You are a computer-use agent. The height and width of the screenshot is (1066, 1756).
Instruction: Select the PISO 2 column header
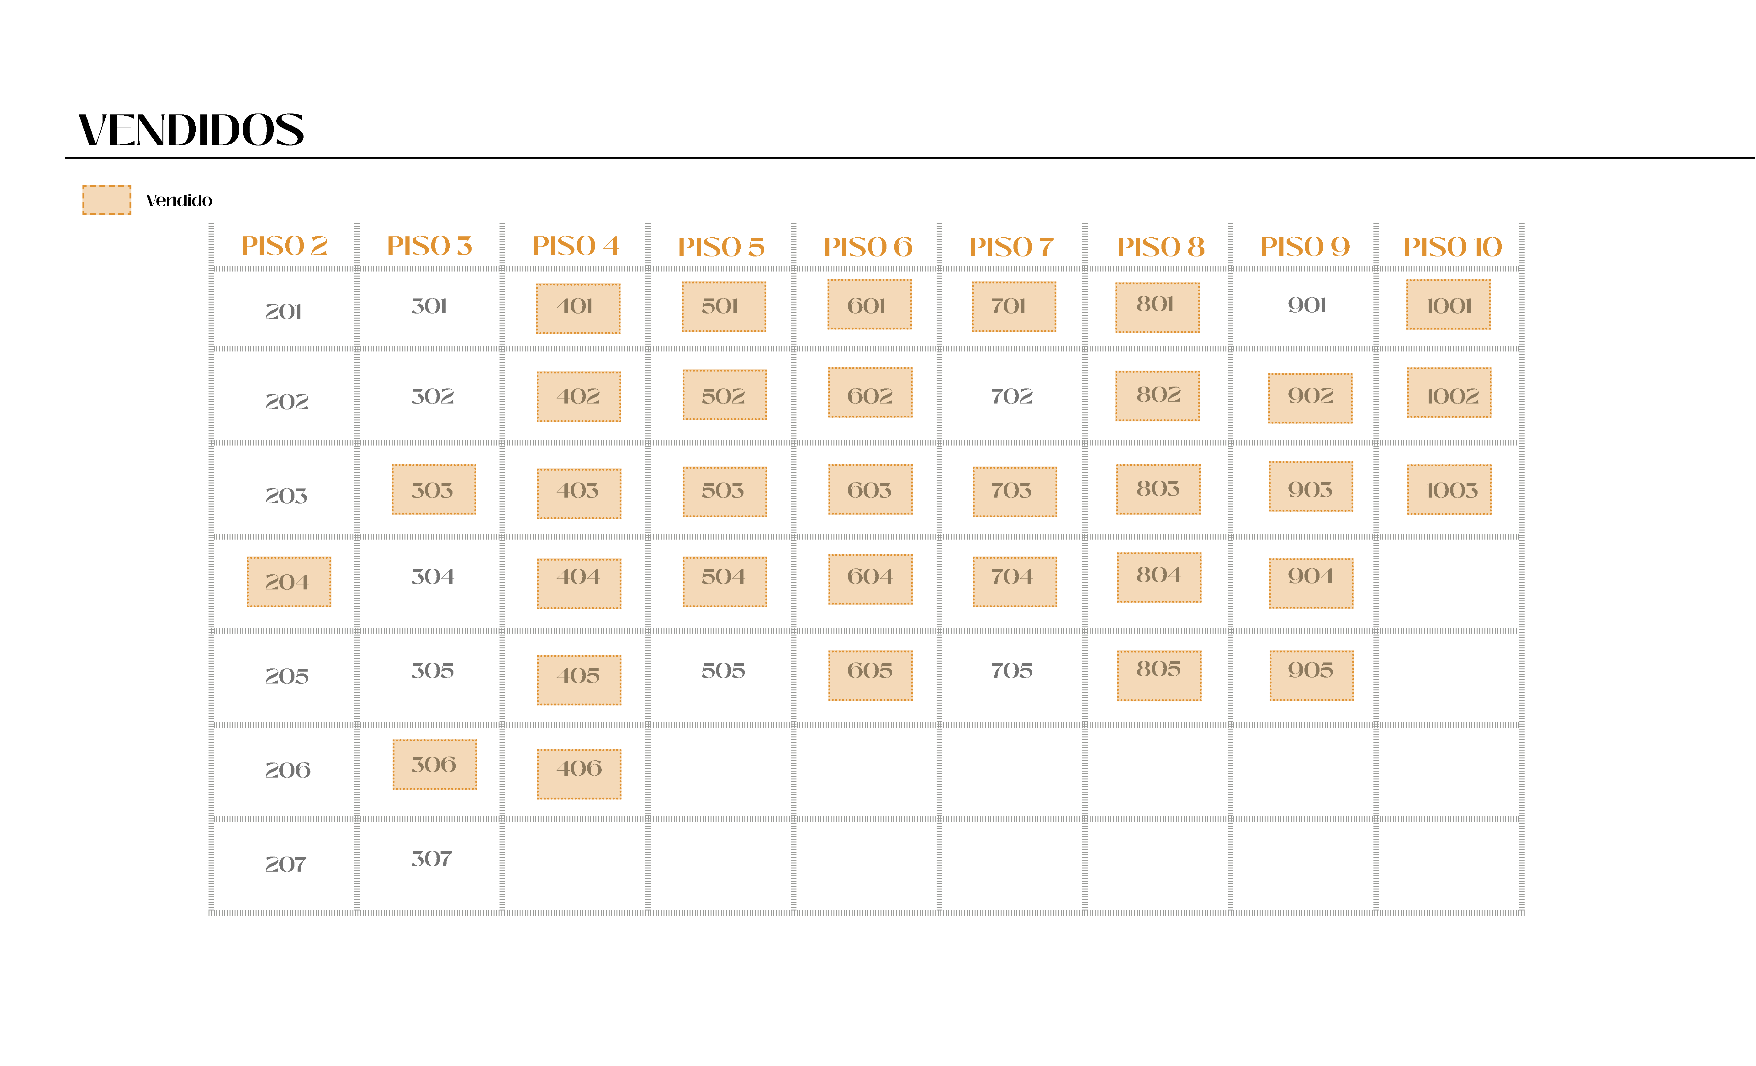[284, 246]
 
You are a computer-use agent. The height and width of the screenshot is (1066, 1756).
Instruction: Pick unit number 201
[284, 311]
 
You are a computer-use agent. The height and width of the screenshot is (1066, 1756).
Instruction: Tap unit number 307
[432, 859]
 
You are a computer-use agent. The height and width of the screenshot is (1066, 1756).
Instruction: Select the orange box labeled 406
[579, 774]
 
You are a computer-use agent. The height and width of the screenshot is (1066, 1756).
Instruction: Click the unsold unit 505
[723, 671]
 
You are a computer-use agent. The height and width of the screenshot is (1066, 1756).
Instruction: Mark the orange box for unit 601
[869, 305]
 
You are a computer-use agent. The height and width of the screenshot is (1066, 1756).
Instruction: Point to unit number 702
[1011, 396]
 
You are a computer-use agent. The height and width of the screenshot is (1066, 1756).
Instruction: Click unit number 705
[1011, 671]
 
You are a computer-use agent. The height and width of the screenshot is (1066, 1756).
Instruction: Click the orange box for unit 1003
[1449, 489]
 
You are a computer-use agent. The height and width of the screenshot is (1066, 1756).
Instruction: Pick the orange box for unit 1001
[1448, 305]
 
